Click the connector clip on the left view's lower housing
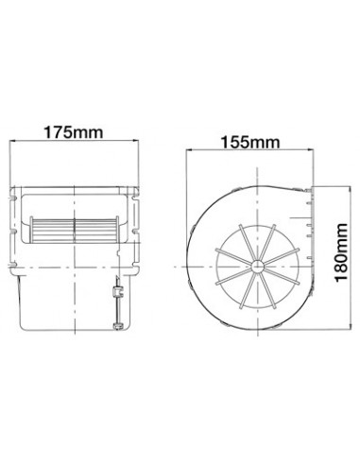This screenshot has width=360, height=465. coord(118,304)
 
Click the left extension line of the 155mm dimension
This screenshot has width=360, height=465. coord(187,189)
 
